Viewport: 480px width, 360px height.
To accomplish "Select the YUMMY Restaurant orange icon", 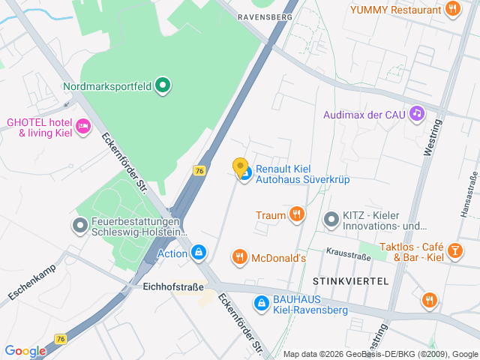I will tap(451, 10).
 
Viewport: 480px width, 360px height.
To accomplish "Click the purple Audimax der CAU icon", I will tap(417, 114).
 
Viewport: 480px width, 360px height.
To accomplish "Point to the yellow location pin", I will tap(240, 167).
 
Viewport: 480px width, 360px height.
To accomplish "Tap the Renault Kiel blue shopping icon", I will tap(244, 174).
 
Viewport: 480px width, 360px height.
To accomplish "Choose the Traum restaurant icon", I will tap(297, 215).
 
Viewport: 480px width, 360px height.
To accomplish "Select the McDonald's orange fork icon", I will tap(240, 258).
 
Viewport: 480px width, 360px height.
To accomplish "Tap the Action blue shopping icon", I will tap(198, 253).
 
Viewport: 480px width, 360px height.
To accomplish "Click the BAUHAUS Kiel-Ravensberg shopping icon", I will tap(261, 303).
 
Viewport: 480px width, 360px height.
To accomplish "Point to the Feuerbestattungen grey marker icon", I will tap(79, 225).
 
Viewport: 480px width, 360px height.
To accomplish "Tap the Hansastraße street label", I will tap(467, 192).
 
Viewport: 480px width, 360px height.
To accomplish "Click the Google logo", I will tap(25, 350).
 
